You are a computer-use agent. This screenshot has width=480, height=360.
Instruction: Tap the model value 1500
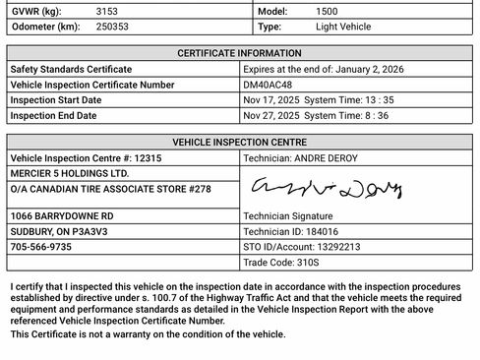click(x=328, y=9)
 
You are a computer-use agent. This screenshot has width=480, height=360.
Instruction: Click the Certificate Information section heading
click(x=239, y=53)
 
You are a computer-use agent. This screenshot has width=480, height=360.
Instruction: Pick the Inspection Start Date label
click(x=55, y=100)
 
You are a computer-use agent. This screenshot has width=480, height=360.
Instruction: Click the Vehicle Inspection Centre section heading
click(x=239, y=142)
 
